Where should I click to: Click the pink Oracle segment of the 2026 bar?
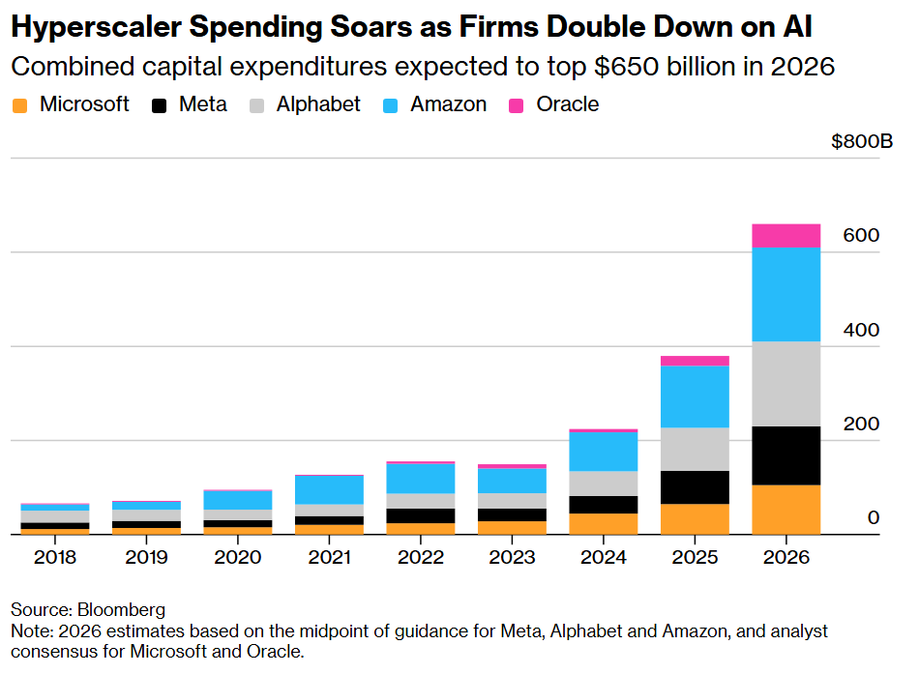(x=786, y=235)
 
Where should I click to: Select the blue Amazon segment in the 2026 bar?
(x=786, y=294)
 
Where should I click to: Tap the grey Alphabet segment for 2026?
(x=786, y=384)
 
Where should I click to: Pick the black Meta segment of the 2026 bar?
(x=786, y=455)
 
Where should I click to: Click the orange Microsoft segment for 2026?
(x=786, y=509)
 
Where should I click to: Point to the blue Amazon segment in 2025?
(x=695, y=396)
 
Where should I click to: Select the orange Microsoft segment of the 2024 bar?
(x=603, y=523)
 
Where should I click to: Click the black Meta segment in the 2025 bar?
(x=695, y=487)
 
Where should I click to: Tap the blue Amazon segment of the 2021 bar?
(x=329, y=489)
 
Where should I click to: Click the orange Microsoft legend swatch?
(x=19, y=104)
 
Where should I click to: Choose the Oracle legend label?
(x=568, y=104)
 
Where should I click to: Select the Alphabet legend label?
(x=318, y=104)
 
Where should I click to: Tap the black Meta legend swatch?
(x=160, y=104)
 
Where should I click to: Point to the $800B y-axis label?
(x=862, y=142)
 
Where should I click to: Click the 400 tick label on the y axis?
(x=860, y=331)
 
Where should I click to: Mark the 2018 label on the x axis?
(x=54, y=558)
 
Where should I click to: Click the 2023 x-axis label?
(x=512, y=558)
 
